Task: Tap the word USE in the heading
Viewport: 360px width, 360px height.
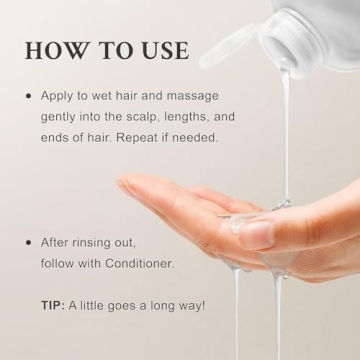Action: click(x=160, y=51)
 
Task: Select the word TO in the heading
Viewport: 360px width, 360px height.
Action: click(x=112, y=51)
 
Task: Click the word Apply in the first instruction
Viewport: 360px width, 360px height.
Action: click(x=58, y=96)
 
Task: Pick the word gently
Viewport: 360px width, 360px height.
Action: click(x=59, y=116)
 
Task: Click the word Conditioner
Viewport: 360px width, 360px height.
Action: click(x=139, y=263)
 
